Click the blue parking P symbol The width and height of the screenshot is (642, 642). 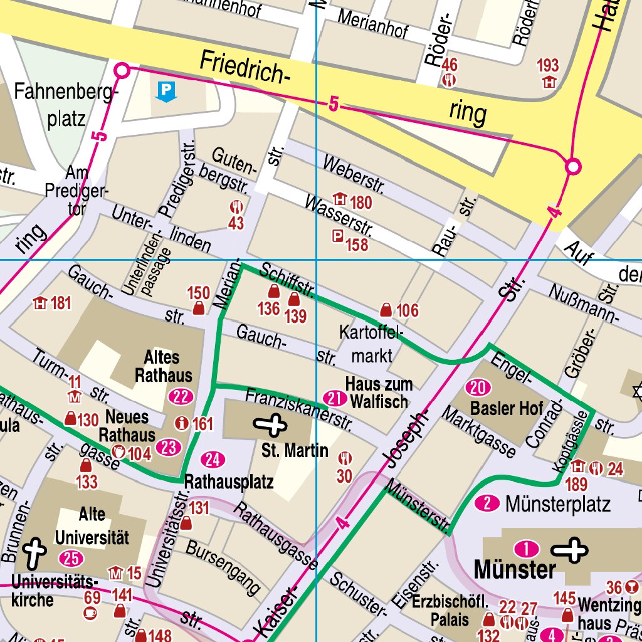click(166, 92)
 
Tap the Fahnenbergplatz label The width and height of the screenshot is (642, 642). click(66, 105)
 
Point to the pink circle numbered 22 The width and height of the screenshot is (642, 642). click(180, 396)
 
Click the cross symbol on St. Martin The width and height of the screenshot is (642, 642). click(270, 426)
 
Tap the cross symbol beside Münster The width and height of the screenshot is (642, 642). click(570, 550)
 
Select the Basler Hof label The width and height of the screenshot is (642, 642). click(507, 409)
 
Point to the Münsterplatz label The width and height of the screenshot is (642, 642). click(557, 503)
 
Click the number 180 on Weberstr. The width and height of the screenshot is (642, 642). click(361, 203)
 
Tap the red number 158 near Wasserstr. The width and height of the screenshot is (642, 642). click(357, 244)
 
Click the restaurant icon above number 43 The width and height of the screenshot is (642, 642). click(236, 207)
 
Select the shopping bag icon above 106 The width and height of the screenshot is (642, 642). click(387, 310)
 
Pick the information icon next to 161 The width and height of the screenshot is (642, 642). click(182, 423)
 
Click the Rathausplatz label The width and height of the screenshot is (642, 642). click(229, 483)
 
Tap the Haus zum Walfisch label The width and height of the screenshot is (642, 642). click(379, 392)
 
